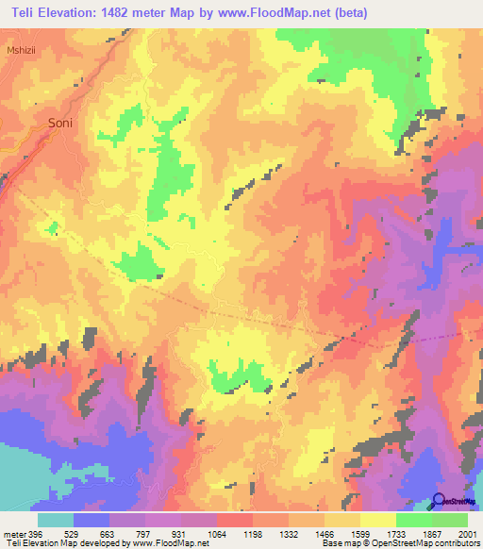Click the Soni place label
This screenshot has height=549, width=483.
coord(60,123)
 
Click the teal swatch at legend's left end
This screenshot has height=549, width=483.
coord(55,520)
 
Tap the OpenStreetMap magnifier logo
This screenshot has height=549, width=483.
coord(439,501)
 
